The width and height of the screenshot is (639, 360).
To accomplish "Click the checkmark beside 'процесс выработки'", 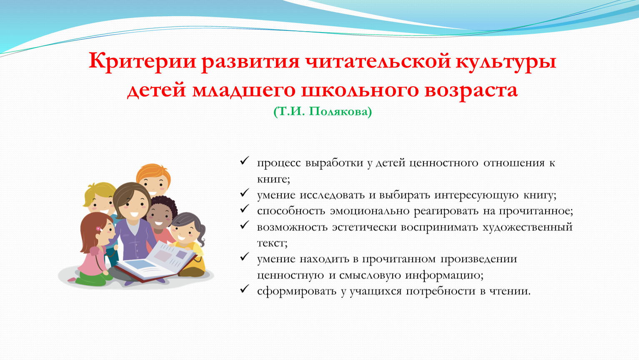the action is pos(245,160).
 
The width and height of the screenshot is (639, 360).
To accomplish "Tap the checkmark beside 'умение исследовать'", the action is pos(245,192).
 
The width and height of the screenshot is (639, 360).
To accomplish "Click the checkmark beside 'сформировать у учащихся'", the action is pos(245,289).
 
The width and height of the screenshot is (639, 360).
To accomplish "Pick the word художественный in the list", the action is pos(528,227).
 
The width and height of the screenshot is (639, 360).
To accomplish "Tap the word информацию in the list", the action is pos(444,275).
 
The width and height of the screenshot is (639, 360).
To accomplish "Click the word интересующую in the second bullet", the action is pos(476,195).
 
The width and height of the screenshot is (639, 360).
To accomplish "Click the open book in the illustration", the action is pos(155,262).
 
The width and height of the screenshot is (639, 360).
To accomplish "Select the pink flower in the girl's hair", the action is pos(98,229).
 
